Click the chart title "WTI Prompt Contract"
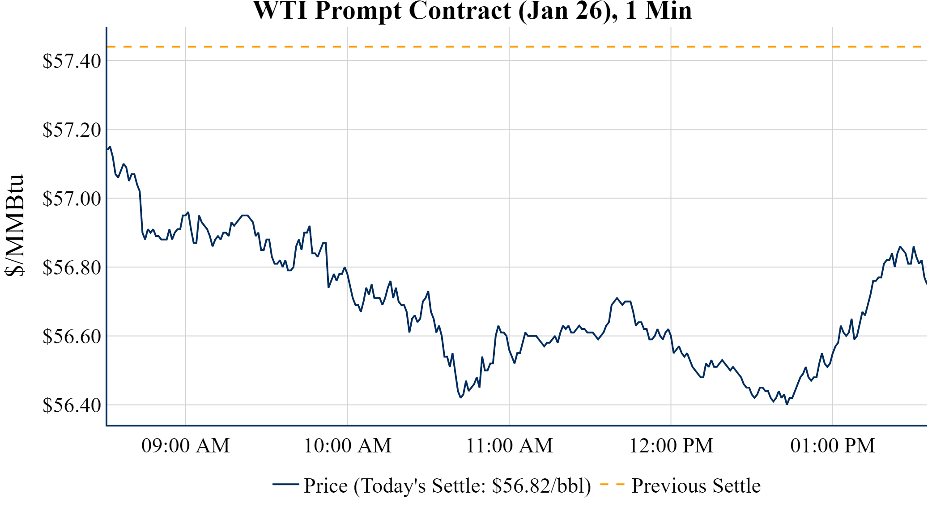472,11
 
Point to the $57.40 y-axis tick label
72,61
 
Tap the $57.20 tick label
72,130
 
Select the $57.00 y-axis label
72,198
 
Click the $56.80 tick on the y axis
72,268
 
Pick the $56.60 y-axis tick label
72,337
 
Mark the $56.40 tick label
72,405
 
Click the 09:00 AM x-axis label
186,446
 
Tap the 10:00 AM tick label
348,446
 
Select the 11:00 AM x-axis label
509,446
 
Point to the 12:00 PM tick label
671,446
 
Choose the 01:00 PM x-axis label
833,446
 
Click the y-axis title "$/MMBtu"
14,226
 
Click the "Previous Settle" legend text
696,485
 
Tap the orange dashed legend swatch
612,485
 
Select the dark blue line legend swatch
285,485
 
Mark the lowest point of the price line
787,404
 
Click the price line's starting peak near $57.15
110,147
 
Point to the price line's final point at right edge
926,283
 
